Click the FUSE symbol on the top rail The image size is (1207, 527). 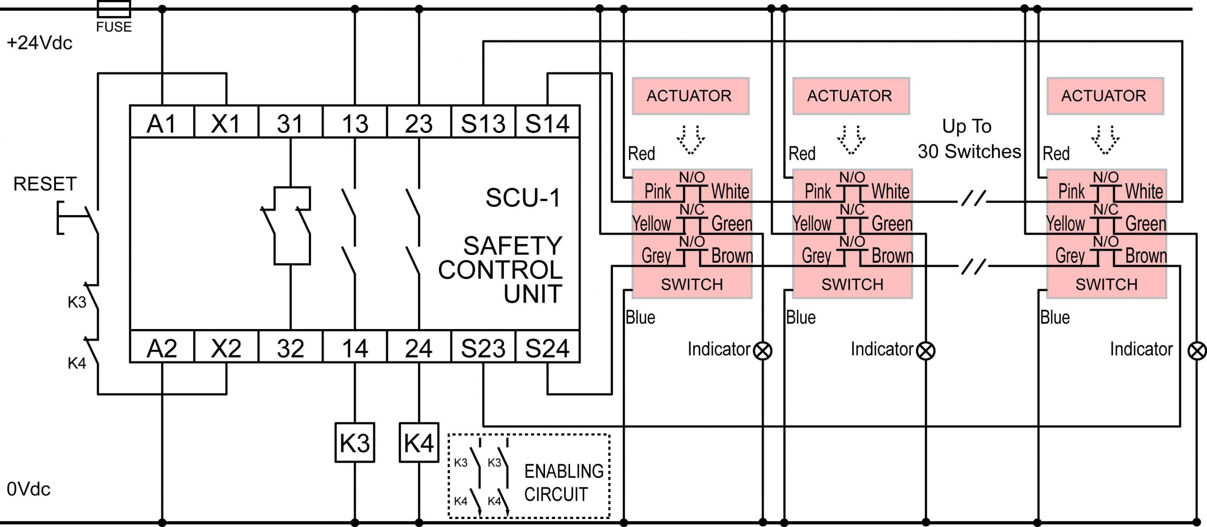[114, 9]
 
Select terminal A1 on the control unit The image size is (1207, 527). [162, 123]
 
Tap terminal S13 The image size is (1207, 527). [483, 123]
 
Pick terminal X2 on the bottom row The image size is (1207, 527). [226, 348]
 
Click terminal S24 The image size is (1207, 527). [547, 348]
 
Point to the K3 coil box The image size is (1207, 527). [355, 443]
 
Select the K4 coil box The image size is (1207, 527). [419, 443]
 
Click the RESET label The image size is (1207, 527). [45, 184]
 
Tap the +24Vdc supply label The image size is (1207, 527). [40, 43]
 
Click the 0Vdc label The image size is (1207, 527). [28, 489]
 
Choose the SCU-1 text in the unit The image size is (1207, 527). [523, 198]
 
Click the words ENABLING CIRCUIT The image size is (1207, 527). [563, 482]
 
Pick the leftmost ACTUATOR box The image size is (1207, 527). [690, 96]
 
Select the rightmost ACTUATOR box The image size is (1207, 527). [1105, 96]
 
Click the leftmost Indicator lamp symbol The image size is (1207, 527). [762, 351]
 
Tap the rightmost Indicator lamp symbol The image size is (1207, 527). [1197, 351]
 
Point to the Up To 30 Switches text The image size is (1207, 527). [968, 139]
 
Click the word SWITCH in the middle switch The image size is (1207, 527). [852, 284]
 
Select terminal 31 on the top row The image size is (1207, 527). [290, 123]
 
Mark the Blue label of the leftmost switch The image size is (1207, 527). [640, 317]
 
